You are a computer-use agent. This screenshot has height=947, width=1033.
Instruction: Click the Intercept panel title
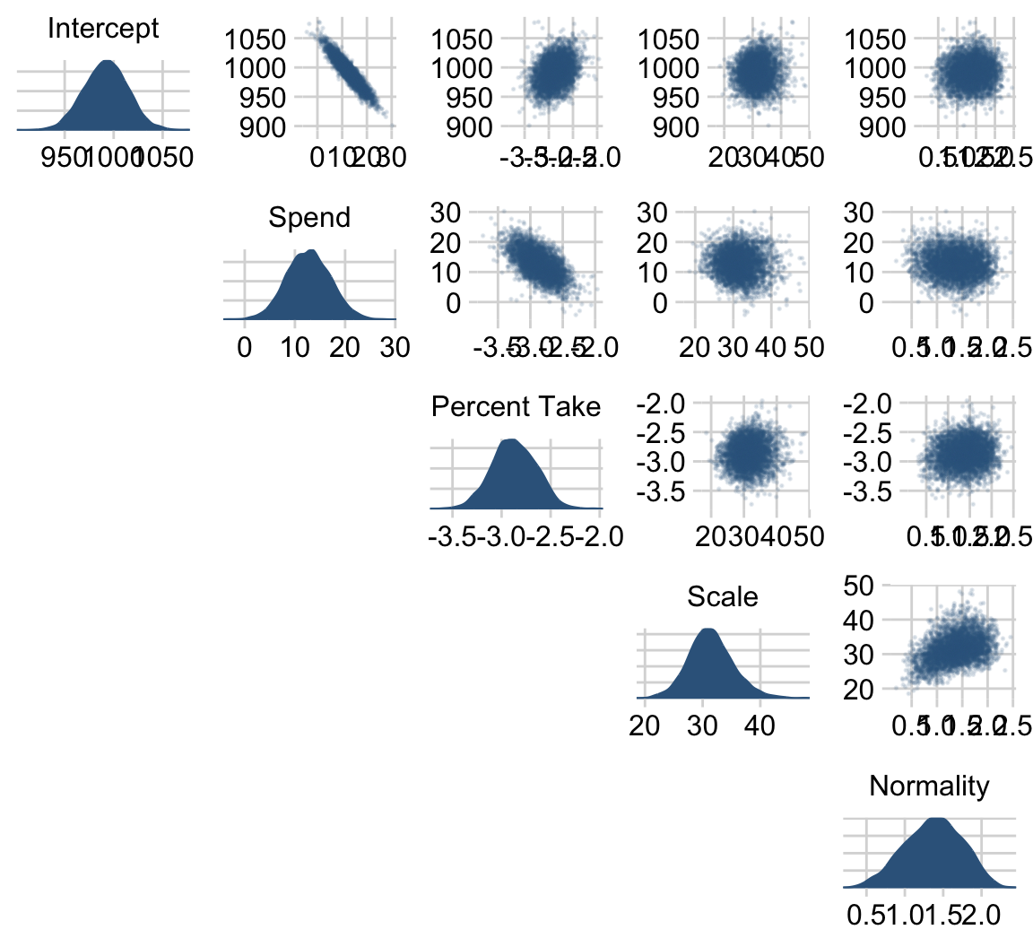point(103,29)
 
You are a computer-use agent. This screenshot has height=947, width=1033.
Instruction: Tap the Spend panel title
point(309,218)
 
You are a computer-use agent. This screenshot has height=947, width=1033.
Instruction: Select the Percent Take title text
point(516,407)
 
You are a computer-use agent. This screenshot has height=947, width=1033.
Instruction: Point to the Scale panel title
point(722,596)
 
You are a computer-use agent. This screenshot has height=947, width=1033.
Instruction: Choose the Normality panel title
point(929,786)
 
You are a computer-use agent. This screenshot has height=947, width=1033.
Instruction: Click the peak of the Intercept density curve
point(107,62)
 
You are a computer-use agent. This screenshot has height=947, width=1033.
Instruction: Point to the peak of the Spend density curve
point(311,251)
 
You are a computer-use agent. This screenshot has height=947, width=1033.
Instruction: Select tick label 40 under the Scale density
point(760,725)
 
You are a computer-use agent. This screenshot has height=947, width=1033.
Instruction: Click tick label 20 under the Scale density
point(645,725)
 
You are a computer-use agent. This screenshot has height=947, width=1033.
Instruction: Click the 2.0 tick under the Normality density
point(980,916)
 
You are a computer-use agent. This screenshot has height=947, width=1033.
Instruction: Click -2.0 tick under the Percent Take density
point(599,536)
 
